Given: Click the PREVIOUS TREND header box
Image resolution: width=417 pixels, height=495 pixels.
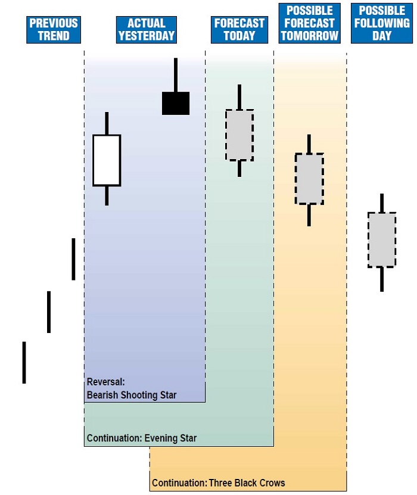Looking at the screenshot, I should click(54, 29).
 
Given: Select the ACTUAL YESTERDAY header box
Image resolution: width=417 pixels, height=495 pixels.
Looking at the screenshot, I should click(147, 29).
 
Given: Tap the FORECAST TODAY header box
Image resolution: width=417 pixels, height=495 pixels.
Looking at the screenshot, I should click(239, 29).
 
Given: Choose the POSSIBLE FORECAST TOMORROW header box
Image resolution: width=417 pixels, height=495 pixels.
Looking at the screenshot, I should click(309, 23).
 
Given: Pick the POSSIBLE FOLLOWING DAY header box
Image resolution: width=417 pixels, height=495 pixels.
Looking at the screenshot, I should click(382, 23).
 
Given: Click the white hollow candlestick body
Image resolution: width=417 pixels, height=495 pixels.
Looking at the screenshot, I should click(107, 160).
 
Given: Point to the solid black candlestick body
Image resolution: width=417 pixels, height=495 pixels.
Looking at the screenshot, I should click(176, 103).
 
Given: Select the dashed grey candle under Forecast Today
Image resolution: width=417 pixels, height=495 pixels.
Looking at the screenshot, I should click(239, 135).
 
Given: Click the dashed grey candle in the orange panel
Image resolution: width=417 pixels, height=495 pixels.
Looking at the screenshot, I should click(309, 179).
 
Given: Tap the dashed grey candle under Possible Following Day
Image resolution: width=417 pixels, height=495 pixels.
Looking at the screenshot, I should click(382, 239).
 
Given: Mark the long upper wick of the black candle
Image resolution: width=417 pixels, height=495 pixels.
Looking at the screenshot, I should click(176, 75).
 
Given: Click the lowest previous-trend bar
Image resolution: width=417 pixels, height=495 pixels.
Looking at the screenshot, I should click(24, 362).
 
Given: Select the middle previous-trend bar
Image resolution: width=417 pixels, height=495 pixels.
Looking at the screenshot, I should click(49, 312).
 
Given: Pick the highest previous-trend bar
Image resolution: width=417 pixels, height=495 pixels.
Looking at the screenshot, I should click(73, 259).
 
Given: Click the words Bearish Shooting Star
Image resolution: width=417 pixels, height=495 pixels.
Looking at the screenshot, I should click(132, 395).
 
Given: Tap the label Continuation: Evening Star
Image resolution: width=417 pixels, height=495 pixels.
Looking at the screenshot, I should click(142, 438).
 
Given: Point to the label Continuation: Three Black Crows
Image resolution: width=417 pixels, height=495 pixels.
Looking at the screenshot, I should click(219, 483).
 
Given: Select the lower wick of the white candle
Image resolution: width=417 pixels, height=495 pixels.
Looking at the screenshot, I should click(107, 195).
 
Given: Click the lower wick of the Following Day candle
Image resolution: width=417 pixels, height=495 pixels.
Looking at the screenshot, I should click(382, 279).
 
